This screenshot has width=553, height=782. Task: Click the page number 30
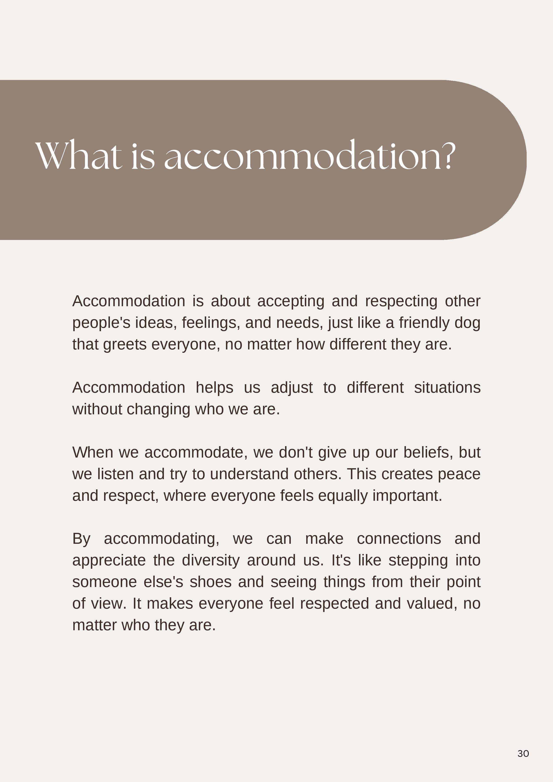pyautogui.click(x=523, y=753)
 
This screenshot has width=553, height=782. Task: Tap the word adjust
pyautogui.click(x=292, y=388)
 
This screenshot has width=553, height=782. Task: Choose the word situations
pyautogui.click(x=447, y=388)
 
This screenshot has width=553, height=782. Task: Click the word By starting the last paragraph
pyautogui.click(x=81, y=539)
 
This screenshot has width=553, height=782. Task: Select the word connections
pyautogui.click(x=399, y=539)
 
